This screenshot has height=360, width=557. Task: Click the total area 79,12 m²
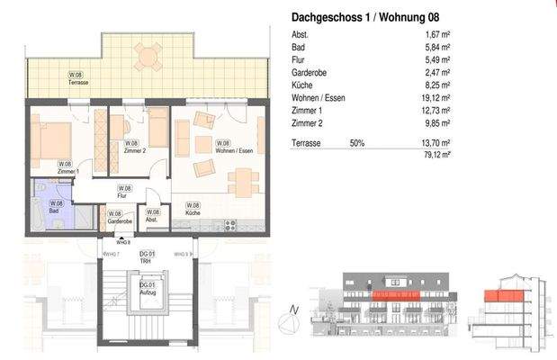click(437, 155)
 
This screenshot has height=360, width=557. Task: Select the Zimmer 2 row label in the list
click(307, 122)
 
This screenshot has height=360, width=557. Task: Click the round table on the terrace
click(147, 58)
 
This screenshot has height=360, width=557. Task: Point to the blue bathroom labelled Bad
click(55, 208)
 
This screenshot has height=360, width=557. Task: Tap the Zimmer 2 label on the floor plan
click(132, 147)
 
